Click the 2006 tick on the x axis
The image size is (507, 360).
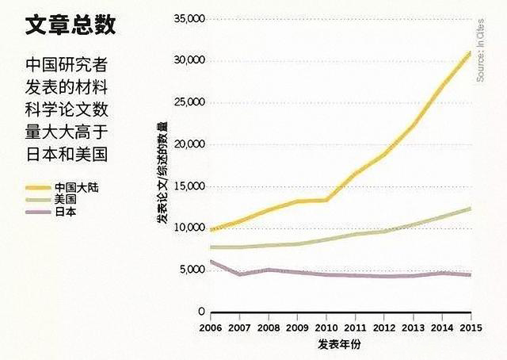[210, 327]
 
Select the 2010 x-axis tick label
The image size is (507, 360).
[326, 327]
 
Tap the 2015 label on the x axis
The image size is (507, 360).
[471, 327]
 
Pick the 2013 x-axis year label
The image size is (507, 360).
[413, 327]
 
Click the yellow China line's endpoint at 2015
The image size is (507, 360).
[471, 52]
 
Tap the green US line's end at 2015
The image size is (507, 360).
[471, 208]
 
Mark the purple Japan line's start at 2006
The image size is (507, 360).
[210, 261]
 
